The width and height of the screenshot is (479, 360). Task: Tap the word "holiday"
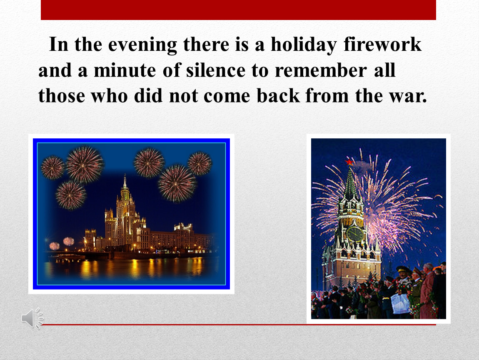tap(304, 45)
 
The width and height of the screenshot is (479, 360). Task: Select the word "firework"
tap(382, 44)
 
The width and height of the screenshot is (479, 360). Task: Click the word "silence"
tap(216, 70)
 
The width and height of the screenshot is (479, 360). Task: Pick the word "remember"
tap(321, 70)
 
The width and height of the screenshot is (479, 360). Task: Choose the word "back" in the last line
tap(278, 95)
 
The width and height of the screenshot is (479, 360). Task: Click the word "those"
tap(62, 95)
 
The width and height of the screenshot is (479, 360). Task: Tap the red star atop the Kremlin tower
tap(349, 162)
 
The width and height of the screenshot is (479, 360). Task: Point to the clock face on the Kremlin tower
tap(355, 234)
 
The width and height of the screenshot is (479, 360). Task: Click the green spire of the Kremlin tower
tap(351, 183)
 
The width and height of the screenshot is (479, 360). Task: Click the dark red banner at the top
tap(238, 10)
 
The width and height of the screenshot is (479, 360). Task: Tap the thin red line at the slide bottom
tap(238, 325)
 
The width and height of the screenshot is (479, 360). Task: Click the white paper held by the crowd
tap(400, 303)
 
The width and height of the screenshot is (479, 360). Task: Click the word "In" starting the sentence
tap(58, 45)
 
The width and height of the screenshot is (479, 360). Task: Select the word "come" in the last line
tap(227, 96)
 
